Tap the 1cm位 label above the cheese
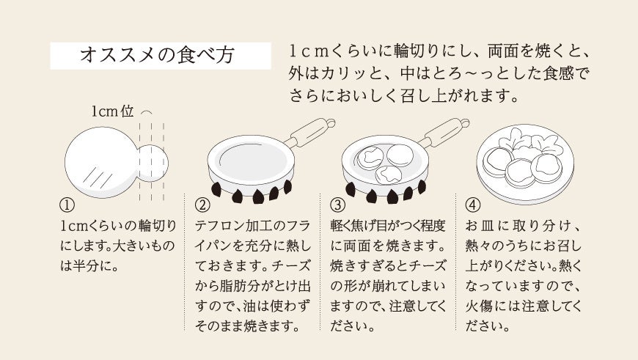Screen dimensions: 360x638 tap(112, 111)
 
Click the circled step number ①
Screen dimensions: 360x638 tap(66, 205)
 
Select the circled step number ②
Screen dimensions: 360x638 tap(202, 205)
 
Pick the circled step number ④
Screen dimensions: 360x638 tap(473, 205)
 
